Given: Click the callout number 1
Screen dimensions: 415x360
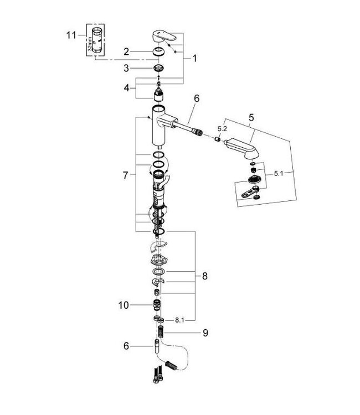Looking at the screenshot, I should point(194,58).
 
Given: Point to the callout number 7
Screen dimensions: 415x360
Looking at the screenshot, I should point(126,175).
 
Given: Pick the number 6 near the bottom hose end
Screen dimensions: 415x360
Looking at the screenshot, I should point(126,346).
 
